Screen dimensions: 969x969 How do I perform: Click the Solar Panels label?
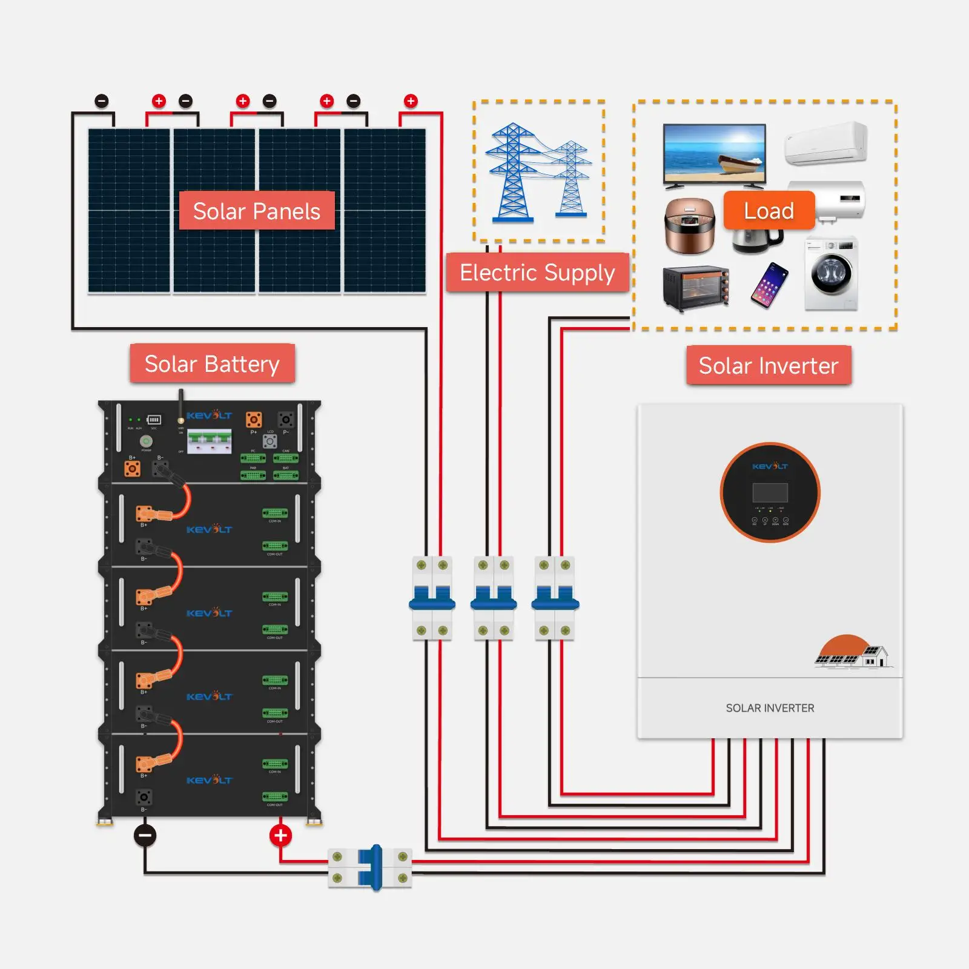[x=257, y=211]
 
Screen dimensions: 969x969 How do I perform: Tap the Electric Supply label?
[x=537, y=273]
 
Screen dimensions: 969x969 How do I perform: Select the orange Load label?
[x=769, y=211]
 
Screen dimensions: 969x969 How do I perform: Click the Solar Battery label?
[x=212, y=364]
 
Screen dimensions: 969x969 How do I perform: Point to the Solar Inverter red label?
[x=769, y=366]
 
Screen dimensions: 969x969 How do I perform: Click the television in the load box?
[x=714, y=154]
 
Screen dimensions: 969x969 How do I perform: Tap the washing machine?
[x=832, y=274]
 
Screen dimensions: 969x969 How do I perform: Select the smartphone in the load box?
[x=769, y=285]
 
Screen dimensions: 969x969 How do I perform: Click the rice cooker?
[x=690, y=225]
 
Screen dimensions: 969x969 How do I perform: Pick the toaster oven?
[x=696, y=288]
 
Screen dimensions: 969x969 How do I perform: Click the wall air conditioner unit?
[x=826, y=144]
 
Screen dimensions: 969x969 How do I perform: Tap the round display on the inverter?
[x=770, y=492]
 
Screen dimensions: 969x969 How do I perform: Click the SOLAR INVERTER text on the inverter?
[x=770, y=708]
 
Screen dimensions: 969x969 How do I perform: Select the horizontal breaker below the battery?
[x=370, y=868]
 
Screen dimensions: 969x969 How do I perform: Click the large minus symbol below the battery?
[x=145, y=836]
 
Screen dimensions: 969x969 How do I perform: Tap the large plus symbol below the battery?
[x=280, y=836]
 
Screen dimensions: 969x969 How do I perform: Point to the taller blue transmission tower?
[x=512, y=173]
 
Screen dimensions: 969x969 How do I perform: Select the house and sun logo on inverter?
[x=852, y=652]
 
